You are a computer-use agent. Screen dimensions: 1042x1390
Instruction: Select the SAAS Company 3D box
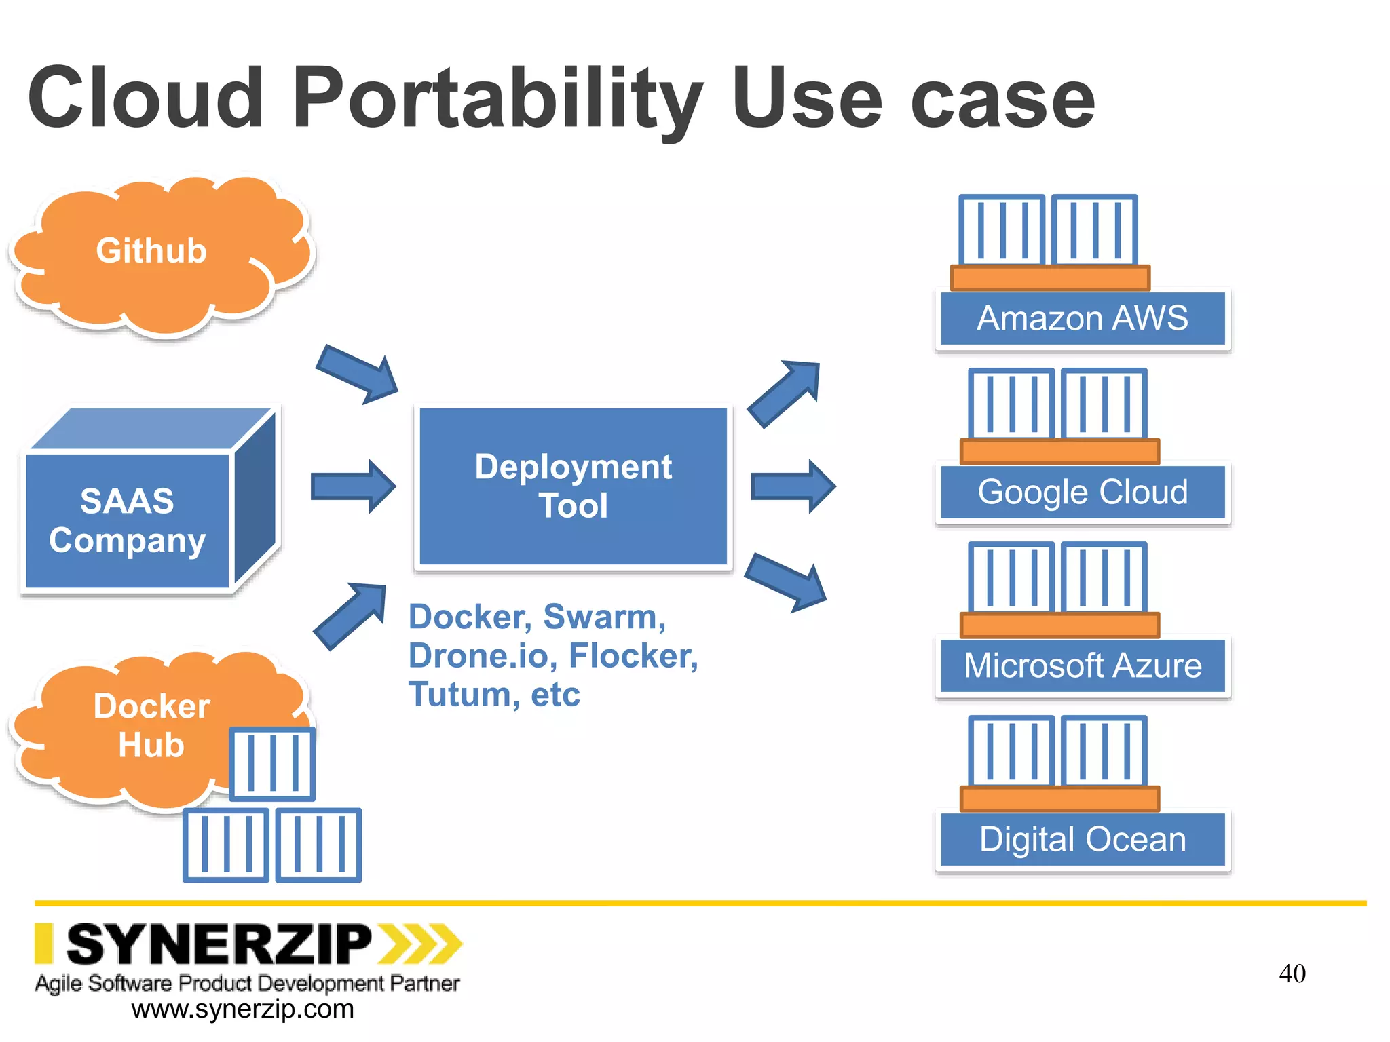[x=129, y=519]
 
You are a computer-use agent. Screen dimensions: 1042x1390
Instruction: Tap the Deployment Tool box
[x=574, y=486]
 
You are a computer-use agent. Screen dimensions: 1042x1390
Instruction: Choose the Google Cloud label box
[x=1083, y=493]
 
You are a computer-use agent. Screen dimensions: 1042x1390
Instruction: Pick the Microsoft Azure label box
[x=1083, y=665]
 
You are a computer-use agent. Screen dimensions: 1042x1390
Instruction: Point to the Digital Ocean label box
[x=1083, y=839]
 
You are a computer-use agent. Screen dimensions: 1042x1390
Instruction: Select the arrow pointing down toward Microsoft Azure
[x=786, y=581]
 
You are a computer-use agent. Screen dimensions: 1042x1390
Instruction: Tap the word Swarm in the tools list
[x=600, y=617]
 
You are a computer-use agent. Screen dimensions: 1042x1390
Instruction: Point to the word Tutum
[x=460, y=695]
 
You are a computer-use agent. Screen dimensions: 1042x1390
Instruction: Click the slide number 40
[x=1292, y=973]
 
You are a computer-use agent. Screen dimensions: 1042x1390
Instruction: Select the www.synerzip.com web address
[x=242, y=1009]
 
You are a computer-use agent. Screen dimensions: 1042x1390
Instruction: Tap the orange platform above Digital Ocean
[x=1059, y=798]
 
